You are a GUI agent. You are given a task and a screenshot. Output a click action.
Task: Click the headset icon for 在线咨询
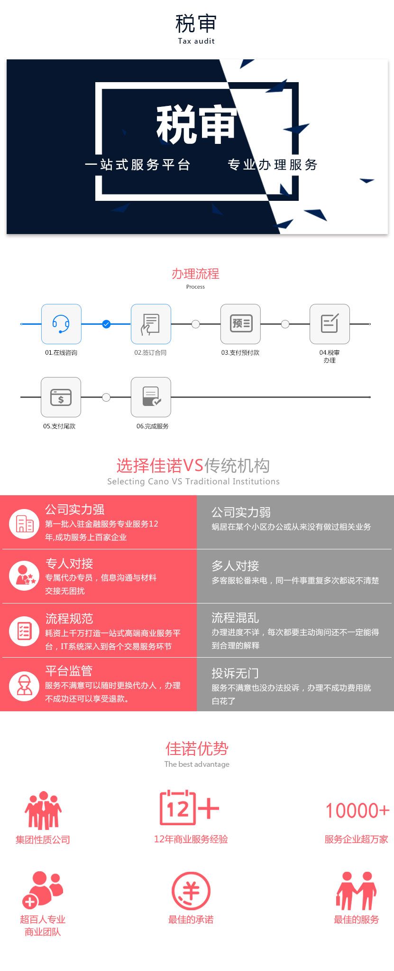click(61, 324)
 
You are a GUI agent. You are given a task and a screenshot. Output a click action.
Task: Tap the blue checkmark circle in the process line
click(106, 324)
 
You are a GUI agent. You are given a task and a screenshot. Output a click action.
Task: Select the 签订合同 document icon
click(151, 324)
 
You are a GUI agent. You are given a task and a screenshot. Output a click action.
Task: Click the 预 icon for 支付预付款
click(240, 324)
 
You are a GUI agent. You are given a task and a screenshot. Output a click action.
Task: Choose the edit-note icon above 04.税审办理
click(330, 324)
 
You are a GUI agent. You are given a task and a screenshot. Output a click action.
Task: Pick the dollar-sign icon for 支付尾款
click(61, 397)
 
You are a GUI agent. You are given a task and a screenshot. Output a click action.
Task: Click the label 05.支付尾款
click(59, 426)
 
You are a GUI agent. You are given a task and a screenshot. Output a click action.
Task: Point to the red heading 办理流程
click(195, 273)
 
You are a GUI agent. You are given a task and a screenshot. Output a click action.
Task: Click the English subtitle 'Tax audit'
click(196, 41)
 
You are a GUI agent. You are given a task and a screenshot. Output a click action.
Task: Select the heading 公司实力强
click(75, 509)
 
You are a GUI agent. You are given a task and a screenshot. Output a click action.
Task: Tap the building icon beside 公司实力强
click(24, 524)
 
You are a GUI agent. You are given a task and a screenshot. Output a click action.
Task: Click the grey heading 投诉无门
click(235, 673)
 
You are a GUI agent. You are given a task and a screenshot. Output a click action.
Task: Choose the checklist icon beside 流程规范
click(24, 631)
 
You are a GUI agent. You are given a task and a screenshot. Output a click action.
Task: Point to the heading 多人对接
click(235, 566)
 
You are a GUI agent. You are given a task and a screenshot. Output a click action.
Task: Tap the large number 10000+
click(357, 811)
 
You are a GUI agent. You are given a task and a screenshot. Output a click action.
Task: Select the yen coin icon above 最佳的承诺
click(191, 891)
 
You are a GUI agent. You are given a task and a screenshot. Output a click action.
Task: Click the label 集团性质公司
click(43, 839)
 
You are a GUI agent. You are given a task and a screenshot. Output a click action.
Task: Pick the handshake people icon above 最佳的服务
click(357, 891)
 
